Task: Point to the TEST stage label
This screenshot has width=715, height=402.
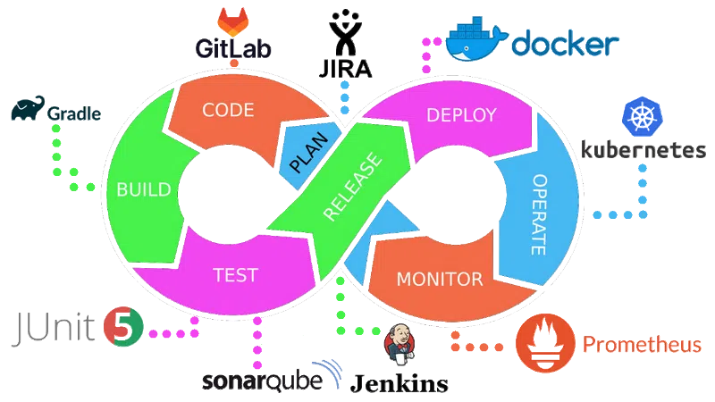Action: tap(236, 274)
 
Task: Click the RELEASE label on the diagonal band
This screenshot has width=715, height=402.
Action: tap(352, 188)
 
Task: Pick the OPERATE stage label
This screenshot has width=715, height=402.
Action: tap(539, 214)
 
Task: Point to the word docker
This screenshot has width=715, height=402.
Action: tap(568, 44)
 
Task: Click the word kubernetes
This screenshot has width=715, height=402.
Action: tap(643, 150)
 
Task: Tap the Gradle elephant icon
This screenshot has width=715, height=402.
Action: tap(26, 112)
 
